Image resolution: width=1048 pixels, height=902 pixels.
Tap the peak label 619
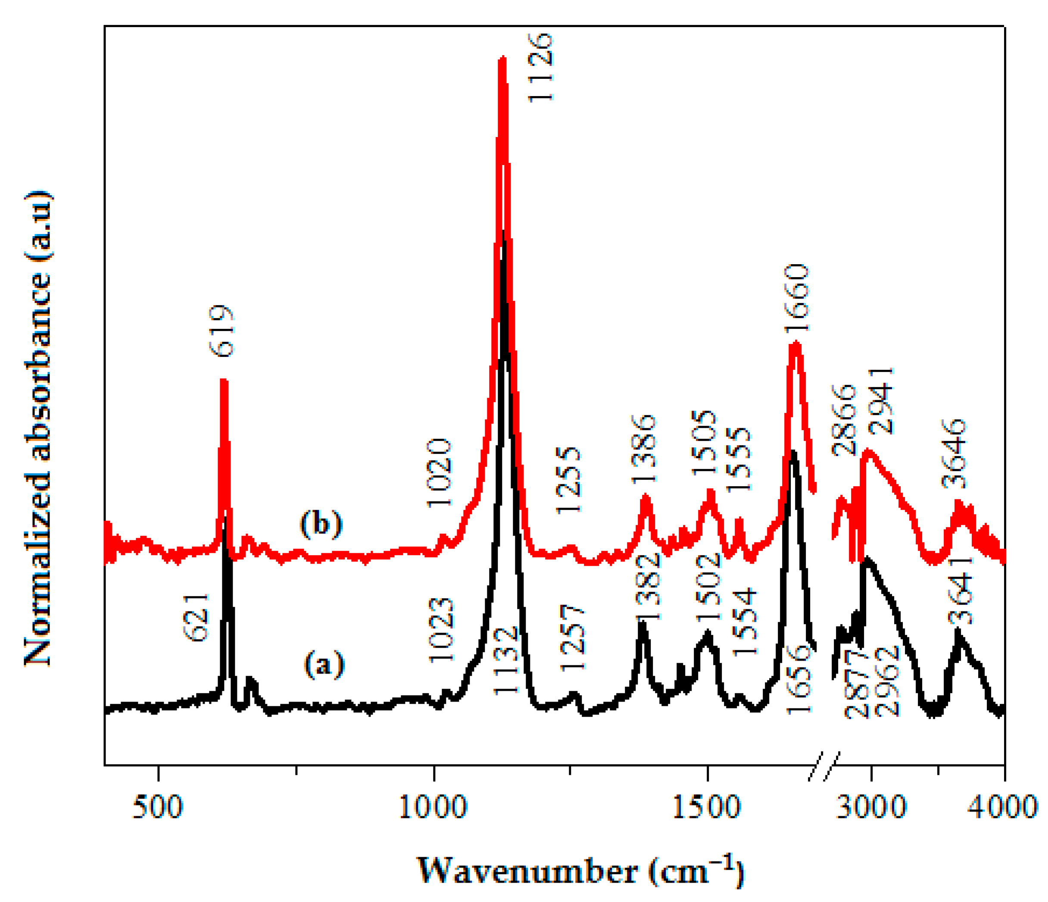222,331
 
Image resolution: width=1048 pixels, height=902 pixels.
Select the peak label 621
196,618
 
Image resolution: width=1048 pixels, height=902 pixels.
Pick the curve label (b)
321,523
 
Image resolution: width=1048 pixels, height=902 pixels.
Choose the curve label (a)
324,664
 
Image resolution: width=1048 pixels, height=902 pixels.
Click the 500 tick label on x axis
157,808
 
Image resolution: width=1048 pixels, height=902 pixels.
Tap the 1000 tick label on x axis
433,808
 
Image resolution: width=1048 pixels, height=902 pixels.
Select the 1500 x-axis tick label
707,808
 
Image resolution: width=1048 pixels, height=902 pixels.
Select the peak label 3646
954,453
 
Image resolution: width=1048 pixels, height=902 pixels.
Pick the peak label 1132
506,661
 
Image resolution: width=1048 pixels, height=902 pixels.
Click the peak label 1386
644,449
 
